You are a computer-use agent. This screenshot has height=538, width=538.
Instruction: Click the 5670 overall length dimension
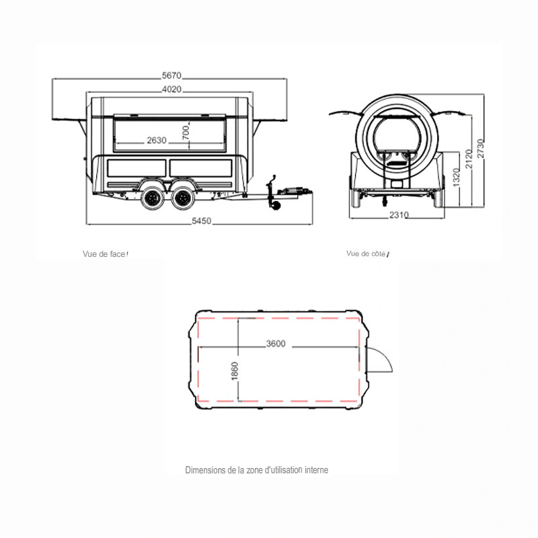point(171,75)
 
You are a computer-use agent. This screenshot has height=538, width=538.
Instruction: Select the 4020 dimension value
point(171,89)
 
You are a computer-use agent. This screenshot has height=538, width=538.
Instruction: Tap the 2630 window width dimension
point(157,141)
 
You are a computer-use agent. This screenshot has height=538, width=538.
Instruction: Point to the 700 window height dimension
point(186,132)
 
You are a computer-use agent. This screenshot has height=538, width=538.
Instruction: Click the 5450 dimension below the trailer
point(201,221)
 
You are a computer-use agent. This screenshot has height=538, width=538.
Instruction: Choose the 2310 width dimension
point(399,215)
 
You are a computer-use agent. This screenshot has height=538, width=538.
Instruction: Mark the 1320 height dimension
point(456,178)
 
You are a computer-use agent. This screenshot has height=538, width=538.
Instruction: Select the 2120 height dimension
point(469,159)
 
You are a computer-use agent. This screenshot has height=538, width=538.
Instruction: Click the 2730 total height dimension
point(481,149)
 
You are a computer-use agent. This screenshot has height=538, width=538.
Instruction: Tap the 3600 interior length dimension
point(276,344)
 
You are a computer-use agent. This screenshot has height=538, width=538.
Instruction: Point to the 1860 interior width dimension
point(235,371)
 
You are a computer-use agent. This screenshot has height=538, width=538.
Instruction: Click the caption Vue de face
point(104,254)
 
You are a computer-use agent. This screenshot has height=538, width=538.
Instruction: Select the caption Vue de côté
point(366,254)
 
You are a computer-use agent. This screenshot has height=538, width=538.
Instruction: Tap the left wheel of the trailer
point(153,198)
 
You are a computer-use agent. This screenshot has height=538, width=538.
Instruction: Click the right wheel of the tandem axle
point(183,198)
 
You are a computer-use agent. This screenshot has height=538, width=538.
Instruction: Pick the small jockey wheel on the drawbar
point(276,205)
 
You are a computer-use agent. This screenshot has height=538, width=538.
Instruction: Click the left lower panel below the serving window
point(137,168)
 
